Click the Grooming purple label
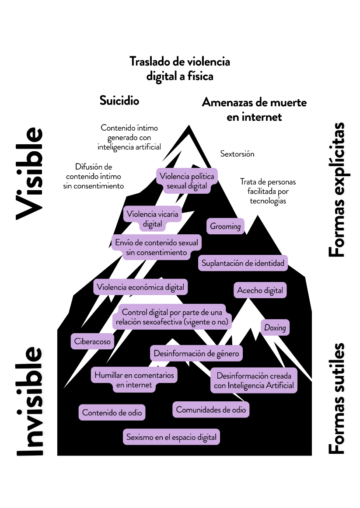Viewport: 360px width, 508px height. click(x=225, y=226)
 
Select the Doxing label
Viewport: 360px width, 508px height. click(x=275, y=327)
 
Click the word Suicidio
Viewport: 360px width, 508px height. click(x=119, y=101)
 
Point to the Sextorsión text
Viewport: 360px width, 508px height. click(x=237, y=154)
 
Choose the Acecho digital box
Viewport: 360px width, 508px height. click(x=260, y=290)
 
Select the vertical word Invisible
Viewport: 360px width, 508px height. click(x=30, y=401)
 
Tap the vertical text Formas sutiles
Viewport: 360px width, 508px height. click(x=336, y=398)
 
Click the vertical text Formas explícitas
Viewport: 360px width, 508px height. click(x=336, y=190)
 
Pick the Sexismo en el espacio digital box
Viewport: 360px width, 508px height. click(x=171, y=437)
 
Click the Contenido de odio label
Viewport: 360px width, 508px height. click(x=112, y=412)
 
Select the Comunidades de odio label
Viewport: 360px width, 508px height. click(x=211, y=410)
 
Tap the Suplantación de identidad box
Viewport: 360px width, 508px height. click(x=243, y=263)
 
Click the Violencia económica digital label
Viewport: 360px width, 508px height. click(x=140, y=287)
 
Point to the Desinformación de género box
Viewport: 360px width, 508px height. click(x=196, y=353)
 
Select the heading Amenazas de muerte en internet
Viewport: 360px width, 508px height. click(x=254, y=109)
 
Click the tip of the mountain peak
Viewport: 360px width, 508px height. click(x=189, y=126)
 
